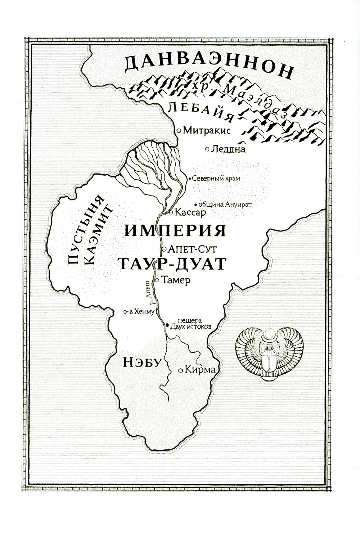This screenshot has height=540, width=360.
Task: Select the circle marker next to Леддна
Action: pos(207,148)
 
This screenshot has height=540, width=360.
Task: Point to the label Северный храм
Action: pos(216,178)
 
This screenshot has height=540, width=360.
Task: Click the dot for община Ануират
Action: pos(195,204)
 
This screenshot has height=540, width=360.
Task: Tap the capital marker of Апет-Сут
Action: pos(164,249)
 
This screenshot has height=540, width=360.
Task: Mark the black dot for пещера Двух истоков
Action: pos(167,325)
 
